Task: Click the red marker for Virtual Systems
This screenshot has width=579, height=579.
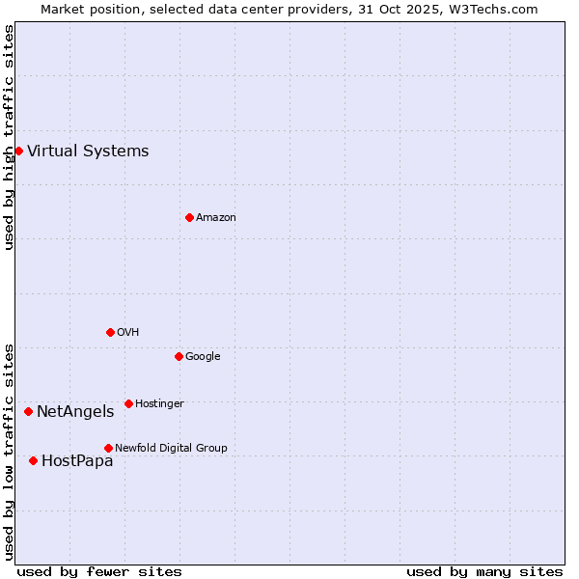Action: (x=18, y=151)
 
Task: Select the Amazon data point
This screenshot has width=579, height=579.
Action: (x=189, y=217)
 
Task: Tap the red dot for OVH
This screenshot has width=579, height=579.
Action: (x=110, y=332)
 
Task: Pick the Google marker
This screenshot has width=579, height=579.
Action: (x=179, y=356)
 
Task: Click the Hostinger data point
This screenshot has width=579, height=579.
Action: (x=128, y=403)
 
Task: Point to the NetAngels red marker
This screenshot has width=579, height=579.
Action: (x=28, y=411)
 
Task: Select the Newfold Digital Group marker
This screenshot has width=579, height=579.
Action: (x=108, y=448)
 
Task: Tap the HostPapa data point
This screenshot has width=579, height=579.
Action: (x=33, y=460)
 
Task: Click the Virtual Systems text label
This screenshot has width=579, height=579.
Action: (x=88, y=151)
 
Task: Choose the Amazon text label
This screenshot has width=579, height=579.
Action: (x=216, y=217)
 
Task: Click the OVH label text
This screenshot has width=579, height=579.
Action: (x=128, y=332)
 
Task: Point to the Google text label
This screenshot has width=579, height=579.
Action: (x=203, y=356)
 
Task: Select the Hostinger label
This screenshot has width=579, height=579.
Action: (x=159, y=403)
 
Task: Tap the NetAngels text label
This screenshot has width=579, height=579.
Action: (x=75, y=411)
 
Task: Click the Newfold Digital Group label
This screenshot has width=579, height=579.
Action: (x=171, y=448)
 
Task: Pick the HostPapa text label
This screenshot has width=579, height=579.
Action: (x=77, y=460)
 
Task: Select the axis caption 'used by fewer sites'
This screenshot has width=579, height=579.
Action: (x=99, y=571)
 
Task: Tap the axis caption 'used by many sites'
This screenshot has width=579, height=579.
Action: (x=484, y=571)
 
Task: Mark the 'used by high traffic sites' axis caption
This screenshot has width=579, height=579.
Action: (x=9, y=137)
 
